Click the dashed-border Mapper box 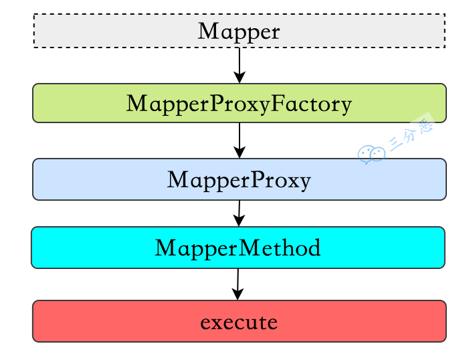pos(100,31)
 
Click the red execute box pos(100,321)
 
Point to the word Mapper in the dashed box pos(239,31)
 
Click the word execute pos(239,323)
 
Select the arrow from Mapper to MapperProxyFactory pos(239,63)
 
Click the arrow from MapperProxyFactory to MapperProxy pos(239,138)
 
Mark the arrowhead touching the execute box pos(237,294)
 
